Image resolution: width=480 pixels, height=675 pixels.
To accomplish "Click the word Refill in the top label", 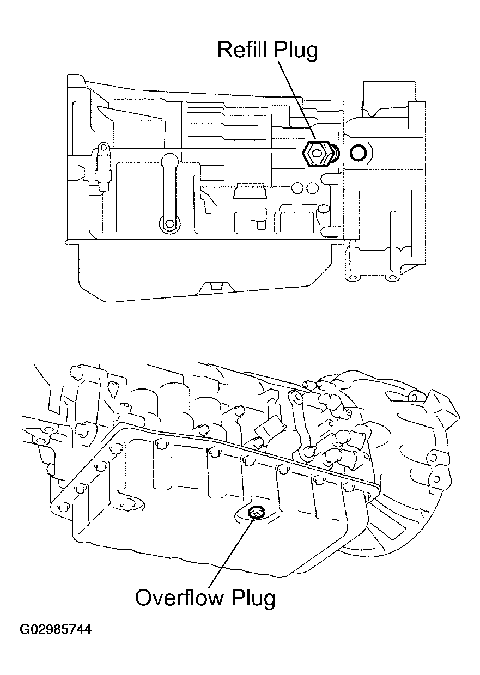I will click(x=242, y=50).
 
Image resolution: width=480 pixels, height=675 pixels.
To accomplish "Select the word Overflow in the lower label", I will click(x=179, y=598).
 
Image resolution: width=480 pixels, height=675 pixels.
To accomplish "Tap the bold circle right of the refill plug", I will click(x=359, y=154).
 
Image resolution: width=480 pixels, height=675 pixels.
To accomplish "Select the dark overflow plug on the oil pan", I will click(x=255, y=512).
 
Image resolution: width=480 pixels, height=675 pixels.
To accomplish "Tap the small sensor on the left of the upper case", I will click(x=103, y=166).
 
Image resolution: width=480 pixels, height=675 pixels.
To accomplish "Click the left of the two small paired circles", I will click(x=297, y=188).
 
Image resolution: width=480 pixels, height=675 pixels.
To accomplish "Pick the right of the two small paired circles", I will click(x=312, y=188).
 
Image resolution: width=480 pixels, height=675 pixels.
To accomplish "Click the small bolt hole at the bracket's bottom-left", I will click(x=352, y=278).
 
